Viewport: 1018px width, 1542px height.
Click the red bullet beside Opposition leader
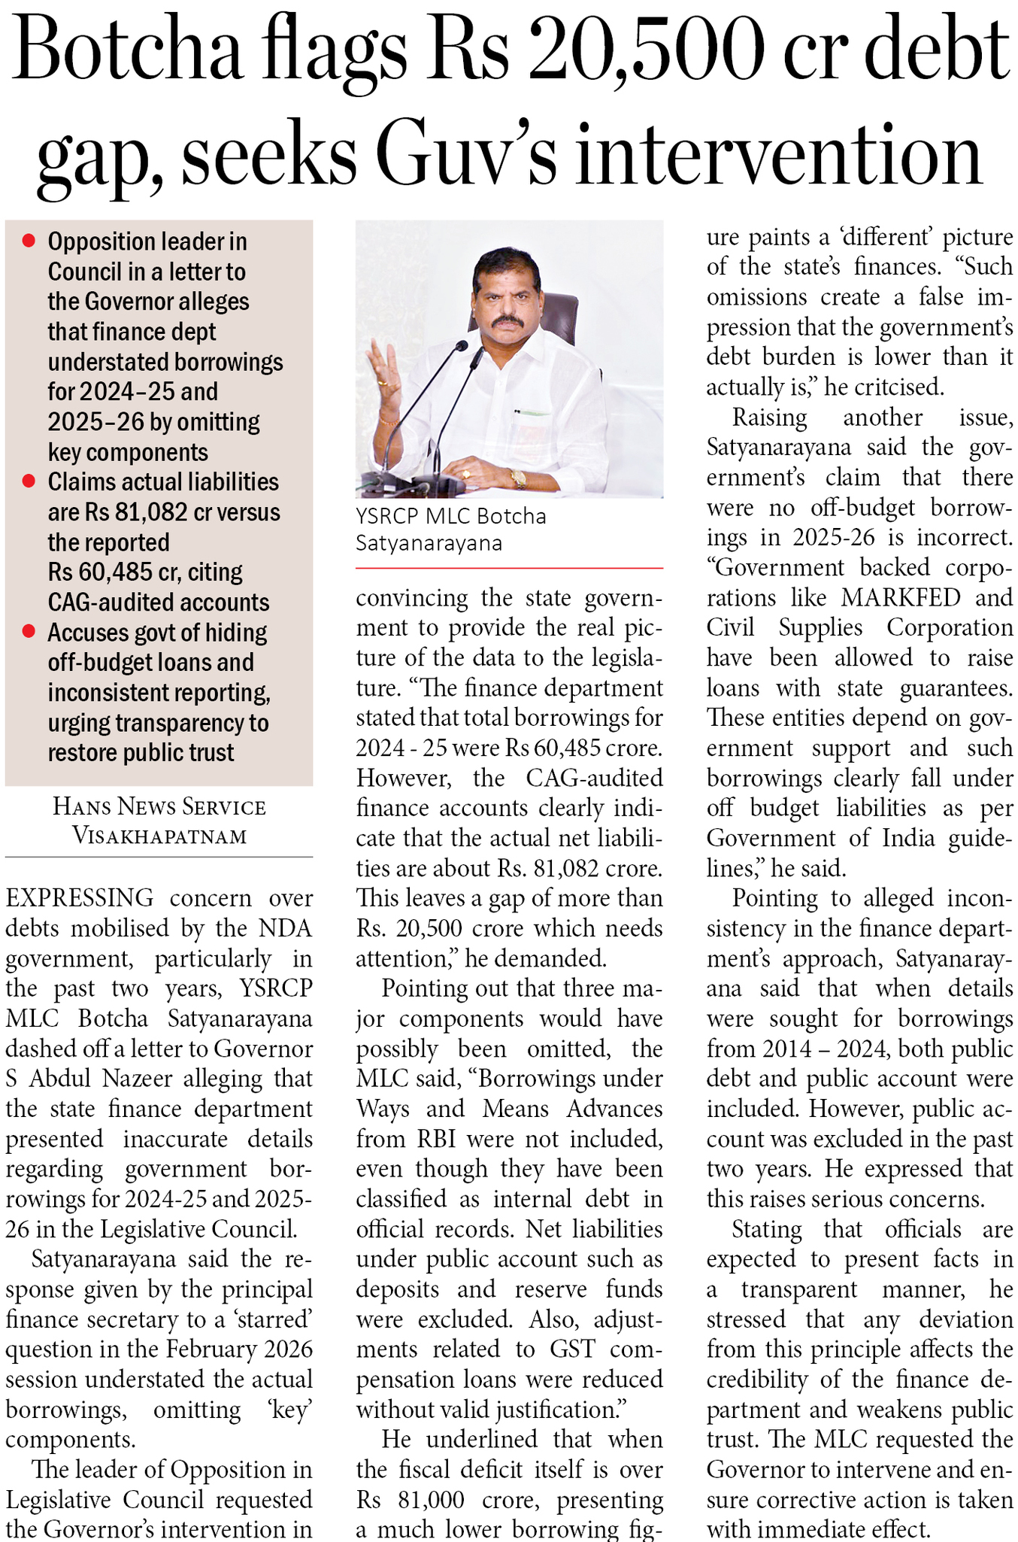tap(29, 241)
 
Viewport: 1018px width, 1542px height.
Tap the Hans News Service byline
tap(159, 807)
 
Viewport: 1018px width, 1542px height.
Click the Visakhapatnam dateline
tap(159, 836)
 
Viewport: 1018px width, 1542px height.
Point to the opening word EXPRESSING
tap(80, 898)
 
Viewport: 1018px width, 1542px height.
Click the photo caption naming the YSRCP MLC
tap(451, 530)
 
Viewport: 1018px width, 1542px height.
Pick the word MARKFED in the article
tap(901, 597)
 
